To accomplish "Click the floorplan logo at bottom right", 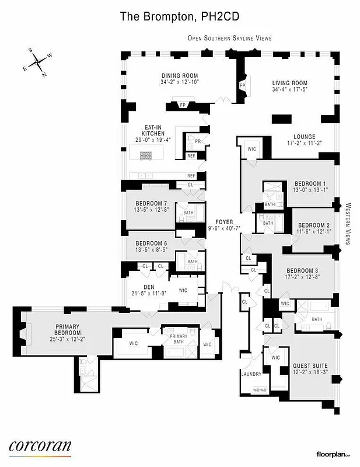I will [x=335, y=454].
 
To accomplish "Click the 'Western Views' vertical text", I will [x=348, y=224].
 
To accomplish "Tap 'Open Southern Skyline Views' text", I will [x=229, y=38].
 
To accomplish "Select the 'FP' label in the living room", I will [x=242, y=86].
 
